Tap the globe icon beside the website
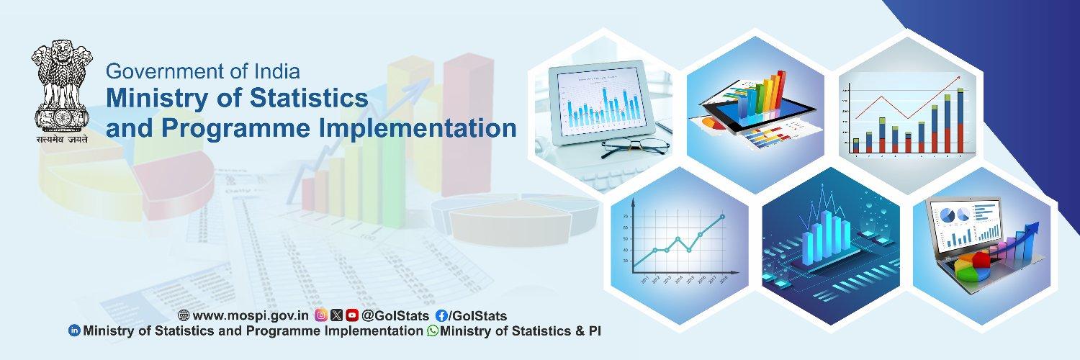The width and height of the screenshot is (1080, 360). click(x=184, y=315)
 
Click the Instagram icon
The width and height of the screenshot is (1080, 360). click(x=322, y=315)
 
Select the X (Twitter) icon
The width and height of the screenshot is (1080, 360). click(x=337, y=315)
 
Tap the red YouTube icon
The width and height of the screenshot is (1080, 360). click(x=352, y=315)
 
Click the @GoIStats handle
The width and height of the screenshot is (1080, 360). click(x=395, y=315)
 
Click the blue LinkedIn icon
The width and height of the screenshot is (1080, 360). click(x=73, y=331)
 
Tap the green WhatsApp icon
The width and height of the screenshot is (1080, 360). click(x=432, y=331)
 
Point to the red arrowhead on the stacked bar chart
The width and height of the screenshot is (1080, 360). click(x=957, y=78)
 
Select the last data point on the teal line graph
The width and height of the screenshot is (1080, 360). click(x=722, y=217)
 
